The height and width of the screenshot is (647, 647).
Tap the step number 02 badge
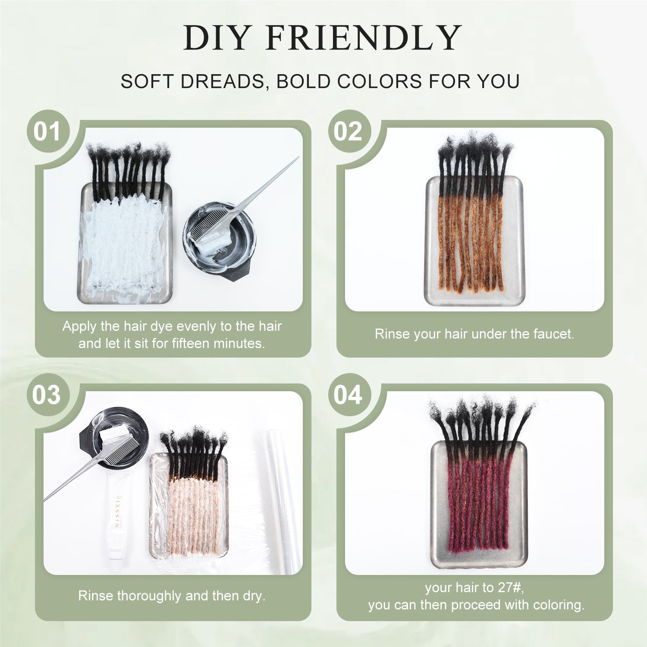pos(349,131)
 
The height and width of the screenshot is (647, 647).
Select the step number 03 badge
pos(47,395)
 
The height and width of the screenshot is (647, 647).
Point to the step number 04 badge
pos(349,395)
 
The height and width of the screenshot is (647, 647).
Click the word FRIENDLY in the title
pos(364,38)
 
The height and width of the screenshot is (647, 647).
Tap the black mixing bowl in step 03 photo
pos(113,436)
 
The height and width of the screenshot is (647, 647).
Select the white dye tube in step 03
pos(118,518)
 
